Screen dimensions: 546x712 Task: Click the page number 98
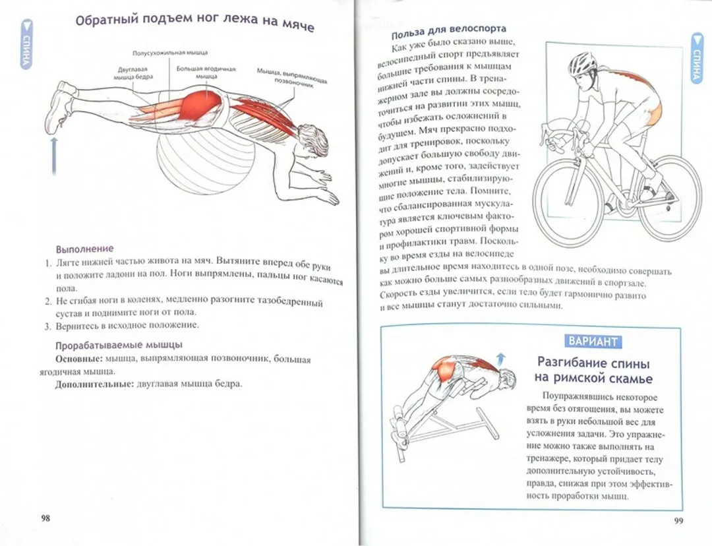[45, 518]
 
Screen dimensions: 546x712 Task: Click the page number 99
[679, 521]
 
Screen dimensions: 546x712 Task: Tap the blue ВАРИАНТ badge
[592, 341]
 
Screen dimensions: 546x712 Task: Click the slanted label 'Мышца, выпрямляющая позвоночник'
[291, 78]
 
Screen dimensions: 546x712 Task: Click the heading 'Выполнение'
[84, 249]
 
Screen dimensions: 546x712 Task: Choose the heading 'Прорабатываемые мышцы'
[119, 345]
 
